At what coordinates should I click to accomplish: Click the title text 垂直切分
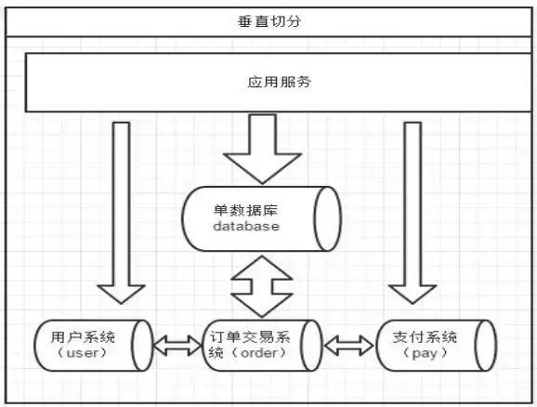[x=268, y=20]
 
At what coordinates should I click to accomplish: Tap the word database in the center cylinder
[x=245, y=226]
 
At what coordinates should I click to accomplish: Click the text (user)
[x=78, y=353]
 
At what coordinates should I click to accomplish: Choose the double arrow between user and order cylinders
[x=177, y=347]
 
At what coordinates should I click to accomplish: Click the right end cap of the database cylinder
[x=327, y=219]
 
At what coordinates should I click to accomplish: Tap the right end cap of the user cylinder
[x=142, y=346]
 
